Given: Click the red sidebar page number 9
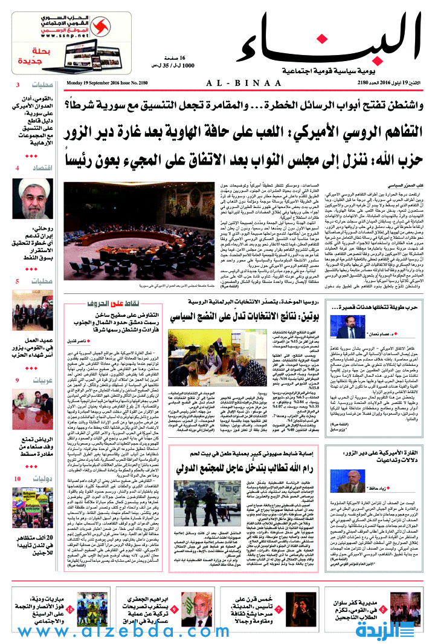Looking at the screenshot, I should (x=18, y=380).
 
